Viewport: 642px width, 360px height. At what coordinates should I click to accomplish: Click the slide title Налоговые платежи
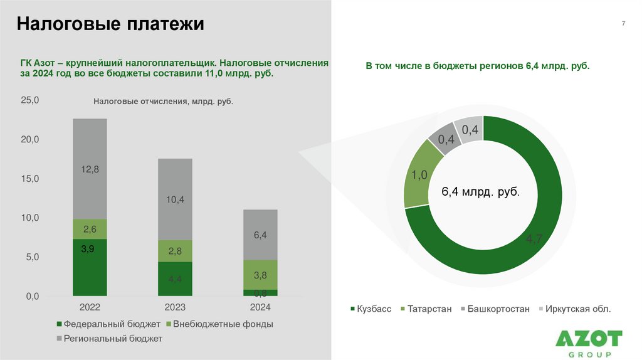(x=110, y=24)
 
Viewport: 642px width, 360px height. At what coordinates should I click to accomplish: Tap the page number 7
(x=623, y=24)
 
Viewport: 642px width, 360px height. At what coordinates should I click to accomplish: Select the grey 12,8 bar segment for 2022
(x=90, y=169)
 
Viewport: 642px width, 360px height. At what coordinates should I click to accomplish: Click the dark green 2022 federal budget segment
(x=90, y=267)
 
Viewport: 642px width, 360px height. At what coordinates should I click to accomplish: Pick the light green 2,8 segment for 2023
(x=175, y=251)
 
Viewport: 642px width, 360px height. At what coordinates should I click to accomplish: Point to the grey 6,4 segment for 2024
(x=260, y=235)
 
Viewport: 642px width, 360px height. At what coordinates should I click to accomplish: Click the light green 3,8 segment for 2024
(x=260, y=275)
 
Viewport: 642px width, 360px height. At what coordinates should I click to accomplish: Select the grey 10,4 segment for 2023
(x=175, y=199)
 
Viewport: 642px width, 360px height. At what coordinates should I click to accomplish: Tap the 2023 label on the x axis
(x=175, y=307)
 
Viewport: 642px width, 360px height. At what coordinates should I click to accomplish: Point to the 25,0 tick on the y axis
(x=30, y=100)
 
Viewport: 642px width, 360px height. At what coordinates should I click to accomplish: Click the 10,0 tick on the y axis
(x=30, y=218)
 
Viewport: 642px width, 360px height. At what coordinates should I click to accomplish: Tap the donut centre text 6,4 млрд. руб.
(x=480, y=192)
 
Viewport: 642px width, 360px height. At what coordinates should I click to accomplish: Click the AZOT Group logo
(x=589, y=344)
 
